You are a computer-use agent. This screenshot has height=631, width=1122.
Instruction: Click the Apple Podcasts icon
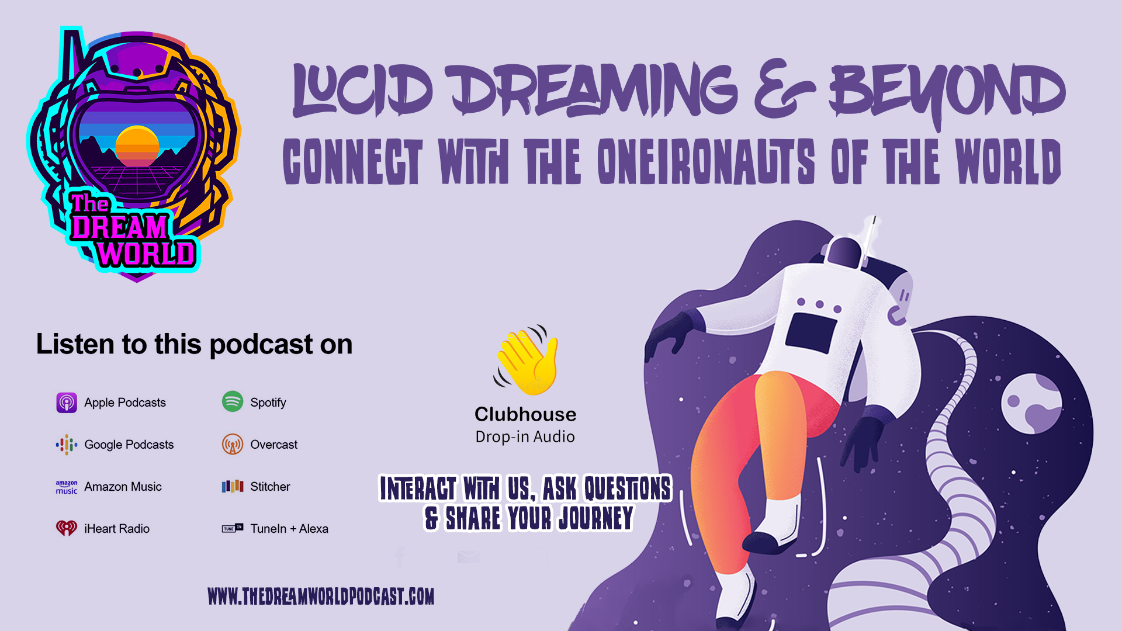click(x=67, y=403)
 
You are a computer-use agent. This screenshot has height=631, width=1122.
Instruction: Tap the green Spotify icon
click(x=233, y=402)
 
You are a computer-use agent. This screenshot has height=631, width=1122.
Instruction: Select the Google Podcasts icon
click(x=67, y=445)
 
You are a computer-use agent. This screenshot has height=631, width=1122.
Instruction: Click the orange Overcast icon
click(x=233, y=445)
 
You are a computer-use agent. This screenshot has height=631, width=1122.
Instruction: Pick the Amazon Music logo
click(x=67, y=487)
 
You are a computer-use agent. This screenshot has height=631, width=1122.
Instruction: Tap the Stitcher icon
click(x=233, y=487)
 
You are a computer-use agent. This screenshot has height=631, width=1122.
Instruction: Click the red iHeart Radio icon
click(x=67, y=528)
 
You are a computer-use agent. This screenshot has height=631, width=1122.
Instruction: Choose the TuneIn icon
click(x=233, y=528)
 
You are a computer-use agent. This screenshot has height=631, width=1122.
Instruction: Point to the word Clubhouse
click(x=525, y=414)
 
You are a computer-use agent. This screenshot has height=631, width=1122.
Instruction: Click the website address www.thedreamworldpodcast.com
click(x=321, y=597)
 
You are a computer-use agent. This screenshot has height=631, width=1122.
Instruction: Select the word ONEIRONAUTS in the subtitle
click(x=706, y=161)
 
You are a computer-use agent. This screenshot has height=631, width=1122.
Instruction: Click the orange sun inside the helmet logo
click(x=137, y=146)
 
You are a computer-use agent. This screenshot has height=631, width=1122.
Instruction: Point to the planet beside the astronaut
click(x=1031, y=404)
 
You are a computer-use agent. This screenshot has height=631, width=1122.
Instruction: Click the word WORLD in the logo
click(x=146, y=254)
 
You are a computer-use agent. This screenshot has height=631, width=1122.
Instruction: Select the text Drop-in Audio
click(x=525, y=437)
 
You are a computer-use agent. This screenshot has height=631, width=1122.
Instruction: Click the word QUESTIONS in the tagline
click(x=628, y=489)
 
